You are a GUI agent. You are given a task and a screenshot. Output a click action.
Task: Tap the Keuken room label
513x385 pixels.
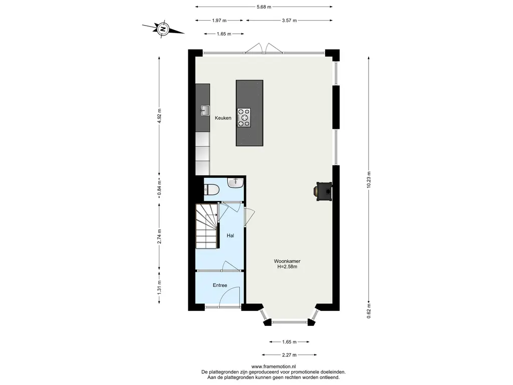(x=223, y=118)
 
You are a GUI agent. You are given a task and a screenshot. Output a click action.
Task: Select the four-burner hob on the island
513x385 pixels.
(x=244, y=117)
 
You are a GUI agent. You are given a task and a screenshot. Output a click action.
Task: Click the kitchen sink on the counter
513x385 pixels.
(x=205, y=111)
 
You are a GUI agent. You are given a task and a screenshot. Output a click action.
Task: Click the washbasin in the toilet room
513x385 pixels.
(x=235, y=182)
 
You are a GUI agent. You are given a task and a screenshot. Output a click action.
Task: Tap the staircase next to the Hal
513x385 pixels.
(x=207, y=226)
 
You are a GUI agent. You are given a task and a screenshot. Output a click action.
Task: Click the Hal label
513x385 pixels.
(x=230, y=236)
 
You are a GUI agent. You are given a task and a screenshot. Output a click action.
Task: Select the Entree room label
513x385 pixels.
(x=220, y=285)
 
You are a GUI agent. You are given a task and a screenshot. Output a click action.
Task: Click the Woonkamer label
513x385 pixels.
(x=287, y=261)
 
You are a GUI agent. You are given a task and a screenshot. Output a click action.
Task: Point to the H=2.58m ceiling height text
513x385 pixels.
(x=287, y=267)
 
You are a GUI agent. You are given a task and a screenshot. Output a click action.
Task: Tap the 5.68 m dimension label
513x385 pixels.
(x=264, y=7)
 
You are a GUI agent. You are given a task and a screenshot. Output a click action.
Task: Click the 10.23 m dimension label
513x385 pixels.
(x=369, y=180)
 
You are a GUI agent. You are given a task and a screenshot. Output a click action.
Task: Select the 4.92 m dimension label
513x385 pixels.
(x=159, y=116)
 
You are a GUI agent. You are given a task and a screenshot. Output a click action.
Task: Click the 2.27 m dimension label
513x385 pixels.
(x=289, y=355)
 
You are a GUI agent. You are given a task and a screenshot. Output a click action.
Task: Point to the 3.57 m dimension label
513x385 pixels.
(x=289, y=20)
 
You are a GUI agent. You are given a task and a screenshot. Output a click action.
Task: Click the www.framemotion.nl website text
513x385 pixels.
(x=274, y=366)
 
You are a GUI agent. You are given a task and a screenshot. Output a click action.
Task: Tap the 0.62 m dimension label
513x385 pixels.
(x=369, y=311)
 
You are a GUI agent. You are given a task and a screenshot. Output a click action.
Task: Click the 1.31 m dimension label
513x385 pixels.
(x=159, y=287)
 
